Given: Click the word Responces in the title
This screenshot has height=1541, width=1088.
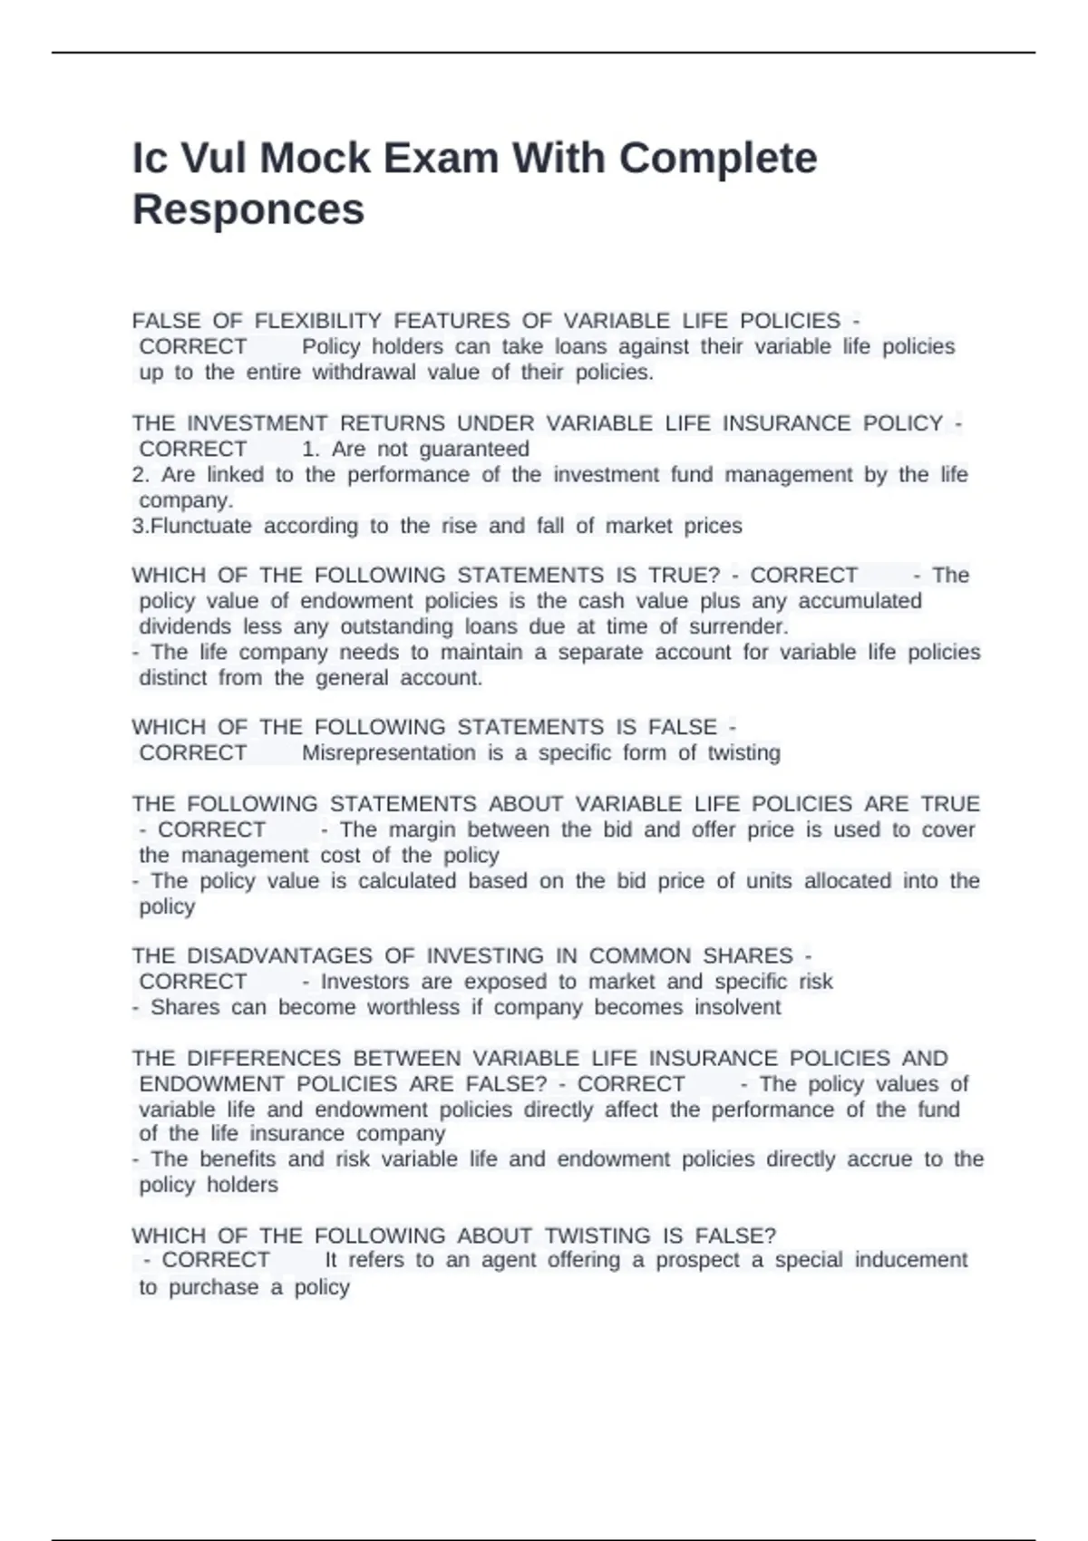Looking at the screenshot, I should coord(248,209).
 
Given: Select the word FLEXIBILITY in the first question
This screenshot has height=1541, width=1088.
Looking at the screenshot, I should coord(318,321).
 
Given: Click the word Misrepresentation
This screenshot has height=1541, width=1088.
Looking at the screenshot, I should coord(388,753).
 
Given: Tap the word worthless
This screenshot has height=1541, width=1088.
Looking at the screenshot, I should coord(408,1008).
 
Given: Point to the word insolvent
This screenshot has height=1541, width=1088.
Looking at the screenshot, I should coord(737,1008).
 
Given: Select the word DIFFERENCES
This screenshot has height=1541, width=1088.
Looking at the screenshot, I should coord(264,1059).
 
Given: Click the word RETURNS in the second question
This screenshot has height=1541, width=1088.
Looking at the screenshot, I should coord(393,424).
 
